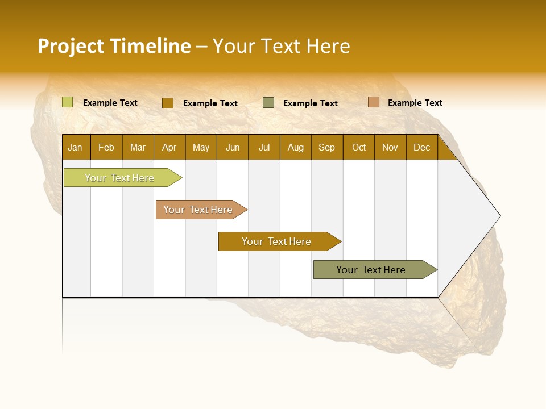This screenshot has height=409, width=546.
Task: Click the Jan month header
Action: pyautogui.click(x=75, y=148)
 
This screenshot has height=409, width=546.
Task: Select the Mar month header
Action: pyautogui.click(x=138, y=148)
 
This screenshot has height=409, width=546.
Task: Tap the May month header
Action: pyautogui.click(x=201, y=148)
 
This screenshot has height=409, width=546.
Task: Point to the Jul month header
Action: pyautogui.click(x=264, y=148)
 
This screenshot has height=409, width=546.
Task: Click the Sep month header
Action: pyautogui.click(x=326, y=148)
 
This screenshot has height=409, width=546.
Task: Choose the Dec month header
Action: pyautogui.click(x=421, y=148)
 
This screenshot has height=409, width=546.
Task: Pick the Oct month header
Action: pyautogui.click(x=359, y=148)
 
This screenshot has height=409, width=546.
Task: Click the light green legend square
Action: pyautogui.click(x=67, y=102)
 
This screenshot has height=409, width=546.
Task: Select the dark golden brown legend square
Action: pyautogui.click(x=167, y=103)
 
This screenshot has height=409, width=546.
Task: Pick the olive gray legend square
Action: pyautogui.click(x=268, y=102)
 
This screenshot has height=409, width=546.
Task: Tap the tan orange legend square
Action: pyautogui.click(x=373, y=102)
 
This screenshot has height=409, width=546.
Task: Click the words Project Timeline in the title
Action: pyautogui.click(x=114, y=46)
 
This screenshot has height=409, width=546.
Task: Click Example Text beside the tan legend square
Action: pyautogui.click(x=415, y=103)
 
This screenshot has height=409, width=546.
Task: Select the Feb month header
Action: pyautogui.click(x=106, y=148)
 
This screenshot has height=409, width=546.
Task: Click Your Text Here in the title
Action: pyautogui.click(x=281, y=46)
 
